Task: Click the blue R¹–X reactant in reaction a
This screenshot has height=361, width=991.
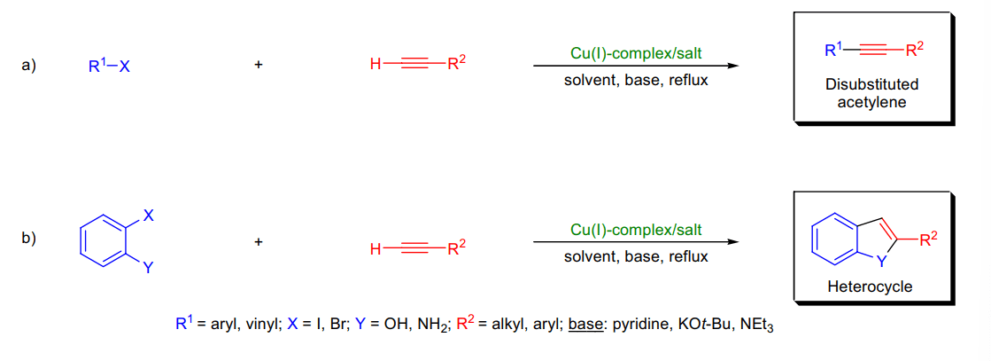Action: pos(109,66)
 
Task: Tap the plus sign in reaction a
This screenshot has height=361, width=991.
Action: pos(258,66)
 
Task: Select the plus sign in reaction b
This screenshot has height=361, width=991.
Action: pos(258,242)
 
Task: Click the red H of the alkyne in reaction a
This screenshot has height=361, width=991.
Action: pos(376,66)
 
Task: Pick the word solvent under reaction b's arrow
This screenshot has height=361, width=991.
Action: pos(587,257)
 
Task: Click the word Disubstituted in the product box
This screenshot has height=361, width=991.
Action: pos(871,85)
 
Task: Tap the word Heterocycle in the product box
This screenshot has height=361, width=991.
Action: pos(871,286)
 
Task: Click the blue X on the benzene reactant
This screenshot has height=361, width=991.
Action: pos(149,216)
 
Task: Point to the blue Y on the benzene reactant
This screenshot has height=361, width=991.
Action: pos(148,268)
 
